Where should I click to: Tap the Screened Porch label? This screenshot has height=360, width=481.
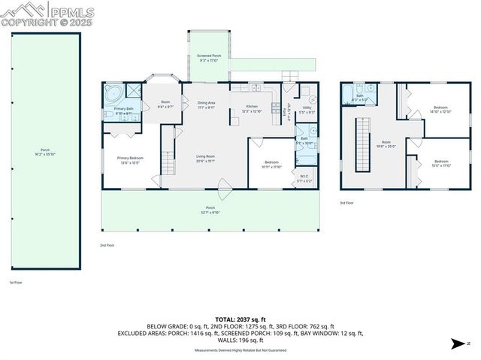[209, 58]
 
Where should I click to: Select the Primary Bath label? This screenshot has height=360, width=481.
[124, 110]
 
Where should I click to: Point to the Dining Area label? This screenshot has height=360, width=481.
[207, 104]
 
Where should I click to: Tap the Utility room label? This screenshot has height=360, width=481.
[307, 110]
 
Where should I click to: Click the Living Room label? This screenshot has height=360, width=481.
[205, 159]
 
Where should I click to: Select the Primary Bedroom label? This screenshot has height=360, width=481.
[132, 159]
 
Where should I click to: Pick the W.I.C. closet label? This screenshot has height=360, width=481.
[303, 180]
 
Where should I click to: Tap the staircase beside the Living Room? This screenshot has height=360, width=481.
[170, 162]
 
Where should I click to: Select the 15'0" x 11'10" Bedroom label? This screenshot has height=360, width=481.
[441, 163]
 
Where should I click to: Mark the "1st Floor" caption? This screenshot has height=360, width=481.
[16, 283]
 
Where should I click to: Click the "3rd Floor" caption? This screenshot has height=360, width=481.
[346, 203]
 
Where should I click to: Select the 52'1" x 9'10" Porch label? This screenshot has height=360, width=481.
[210, 210]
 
